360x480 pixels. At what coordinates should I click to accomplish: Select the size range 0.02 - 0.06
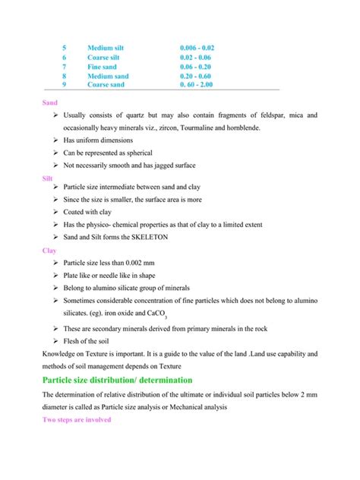(196, 57)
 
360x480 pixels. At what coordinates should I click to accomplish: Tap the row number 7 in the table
(65, 67)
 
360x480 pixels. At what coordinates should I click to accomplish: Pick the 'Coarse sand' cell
(106, 85)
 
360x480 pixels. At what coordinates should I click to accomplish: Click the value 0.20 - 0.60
(196, 76)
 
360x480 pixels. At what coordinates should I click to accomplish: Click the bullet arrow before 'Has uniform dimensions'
(56, 141)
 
